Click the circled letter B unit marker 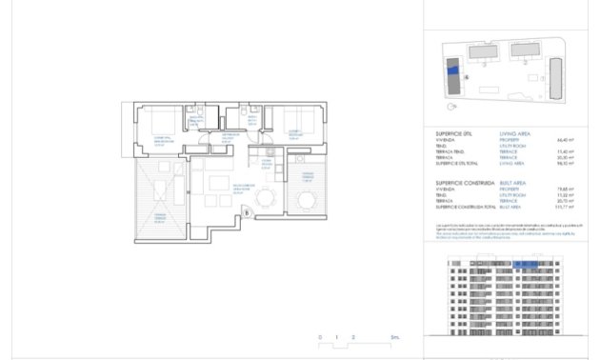248,212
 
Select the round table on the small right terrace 306,200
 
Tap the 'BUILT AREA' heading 515,182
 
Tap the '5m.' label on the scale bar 393,338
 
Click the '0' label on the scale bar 321,338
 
